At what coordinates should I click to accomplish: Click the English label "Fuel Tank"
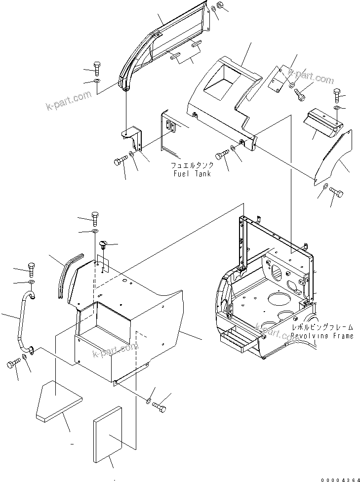click(x=192, y=174)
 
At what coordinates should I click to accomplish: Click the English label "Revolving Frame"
click(x=322, y=336)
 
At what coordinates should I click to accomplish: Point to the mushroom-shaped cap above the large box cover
click(x=104, y=243)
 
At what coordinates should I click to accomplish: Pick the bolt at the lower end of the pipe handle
click(x=12, y=365)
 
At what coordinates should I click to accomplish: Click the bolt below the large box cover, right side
click(x=160, y=407)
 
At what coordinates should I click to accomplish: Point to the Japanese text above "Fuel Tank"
click(x=192, y=165)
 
